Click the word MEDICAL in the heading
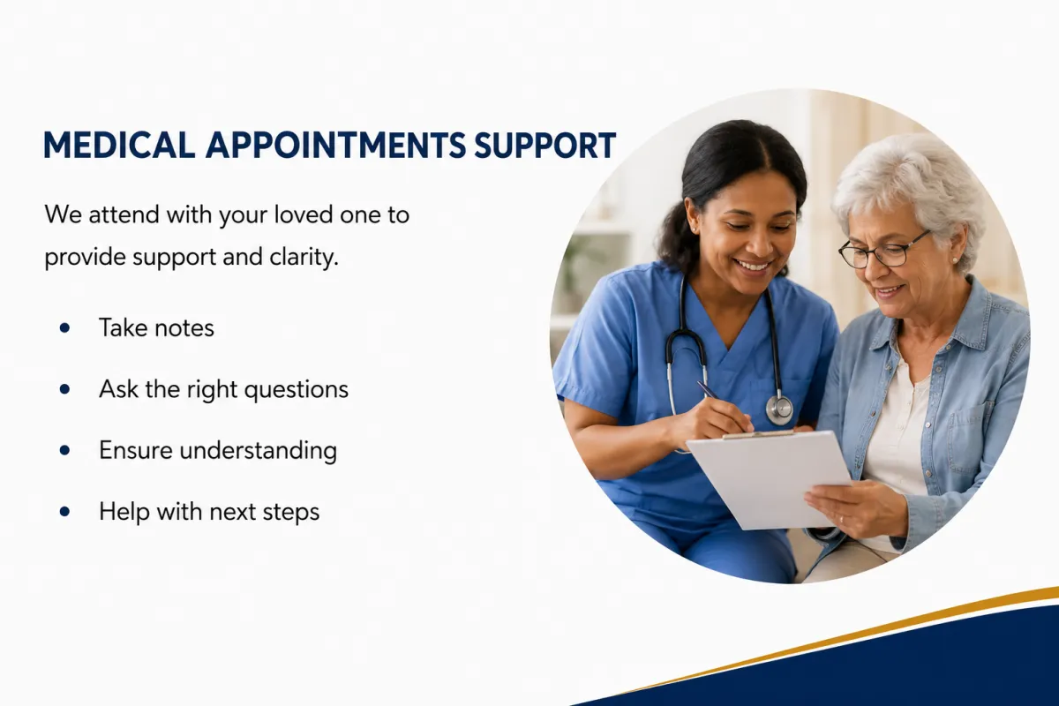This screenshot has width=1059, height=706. point(119,145)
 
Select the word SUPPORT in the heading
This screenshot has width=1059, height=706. point(545,145)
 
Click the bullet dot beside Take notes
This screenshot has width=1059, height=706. point(64,327)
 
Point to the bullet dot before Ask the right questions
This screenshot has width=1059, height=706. point(64,389)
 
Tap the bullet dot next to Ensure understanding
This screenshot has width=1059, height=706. point(64,450)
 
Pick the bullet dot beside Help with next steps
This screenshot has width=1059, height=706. point(64,511)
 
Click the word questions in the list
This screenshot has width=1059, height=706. point(297,391)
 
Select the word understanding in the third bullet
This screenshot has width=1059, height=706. point(258,451)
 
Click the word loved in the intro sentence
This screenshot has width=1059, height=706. point(302,214)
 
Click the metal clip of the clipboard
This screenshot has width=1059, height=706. point(758,434)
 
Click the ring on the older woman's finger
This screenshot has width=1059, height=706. point(842,519)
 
